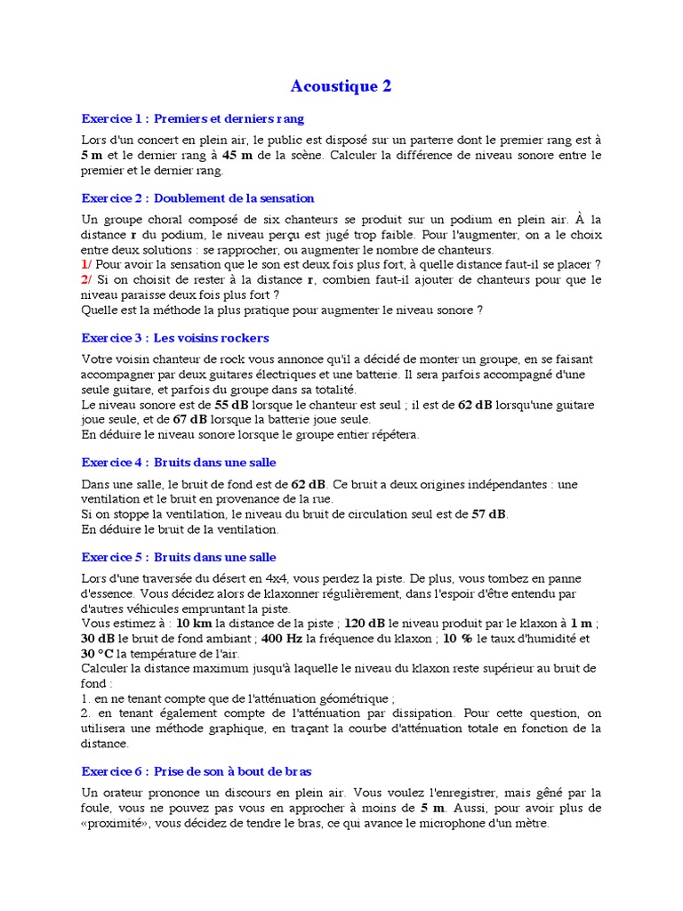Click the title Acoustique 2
tap(341, 86)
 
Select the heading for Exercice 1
tap(192, 118)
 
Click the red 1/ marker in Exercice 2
tap(86, 264)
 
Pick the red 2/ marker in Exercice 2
tap(86, 279)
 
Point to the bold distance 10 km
tap(194, 624)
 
